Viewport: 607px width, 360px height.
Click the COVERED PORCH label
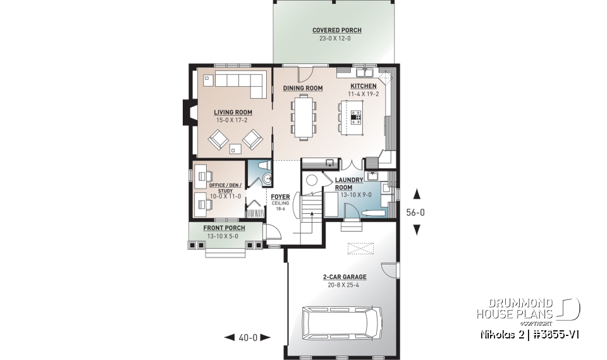click(x=337, y=30)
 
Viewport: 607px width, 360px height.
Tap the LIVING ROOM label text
click(x=233, y=113)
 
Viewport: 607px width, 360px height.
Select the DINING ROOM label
click(x=303, y=88)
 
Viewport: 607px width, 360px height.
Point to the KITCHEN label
click(x=364, y=86)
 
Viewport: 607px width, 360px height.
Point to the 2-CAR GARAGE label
click(x=345, y=276)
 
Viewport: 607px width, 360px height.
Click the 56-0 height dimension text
click(x=415, y=213)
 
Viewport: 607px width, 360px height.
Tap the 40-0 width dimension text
click(x=248, y=338)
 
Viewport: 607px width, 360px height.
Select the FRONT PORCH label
click(x=224, y=228)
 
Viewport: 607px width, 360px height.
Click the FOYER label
click(x=280, y=197)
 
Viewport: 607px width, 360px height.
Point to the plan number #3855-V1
click(x=553, y=333)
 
